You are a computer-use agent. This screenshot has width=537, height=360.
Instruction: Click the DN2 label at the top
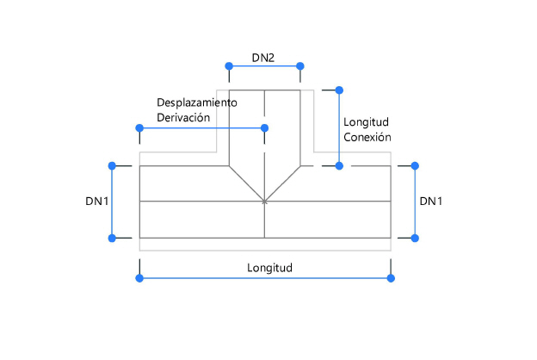pos(263,58)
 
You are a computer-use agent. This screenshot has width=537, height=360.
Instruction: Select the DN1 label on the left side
pos(96,201)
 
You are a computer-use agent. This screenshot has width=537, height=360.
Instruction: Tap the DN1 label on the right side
pos(431,201)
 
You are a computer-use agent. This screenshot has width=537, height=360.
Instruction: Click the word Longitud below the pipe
pos(270,267)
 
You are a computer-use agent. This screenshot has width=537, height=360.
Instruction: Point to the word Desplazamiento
pos(196,102)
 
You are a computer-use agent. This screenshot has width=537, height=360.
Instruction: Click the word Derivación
pos(183,117)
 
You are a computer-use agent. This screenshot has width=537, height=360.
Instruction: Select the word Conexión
pos(367,137)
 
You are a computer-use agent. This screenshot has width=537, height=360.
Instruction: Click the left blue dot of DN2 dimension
pos(228,65)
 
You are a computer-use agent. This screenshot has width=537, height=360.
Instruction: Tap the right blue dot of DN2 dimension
pos(300,65)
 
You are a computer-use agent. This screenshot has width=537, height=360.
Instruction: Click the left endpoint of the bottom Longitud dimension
pos(139,277)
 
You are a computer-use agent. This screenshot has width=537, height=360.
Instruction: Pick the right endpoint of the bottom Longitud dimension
pos(391,277)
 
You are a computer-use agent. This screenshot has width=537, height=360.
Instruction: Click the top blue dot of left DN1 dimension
pos(111,164)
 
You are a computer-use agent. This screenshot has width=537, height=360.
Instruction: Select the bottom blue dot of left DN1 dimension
pos(111,238)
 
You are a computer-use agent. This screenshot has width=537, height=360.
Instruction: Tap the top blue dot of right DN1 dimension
pos(415,164)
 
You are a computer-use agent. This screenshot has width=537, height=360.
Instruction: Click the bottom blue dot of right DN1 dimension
pos(415,238)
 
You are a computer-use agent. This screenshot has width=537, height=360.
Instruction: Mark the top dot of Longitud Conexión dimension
pos(339,90)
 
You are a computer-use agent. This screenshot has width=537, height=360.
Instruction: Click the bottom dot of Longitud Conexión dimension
pos(339,164)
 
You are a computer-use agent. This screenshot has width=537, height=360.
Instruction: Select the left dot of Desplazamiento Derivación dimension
pos(139,127)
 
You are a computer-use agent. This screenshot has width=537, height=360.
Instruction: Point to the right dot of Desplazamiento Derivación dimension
pos(264,127)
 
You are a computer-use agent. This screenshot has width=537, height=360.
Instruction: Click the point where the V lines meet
pos(264,202)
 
